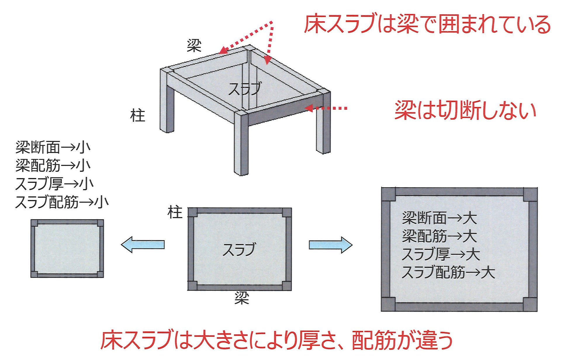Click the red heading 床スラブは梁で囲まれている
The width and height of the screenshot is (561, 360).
pyautogui.click(x=427, y=24)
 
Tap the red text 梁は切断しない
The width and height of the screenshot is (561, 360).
pyautogui.click(x=465, y=110)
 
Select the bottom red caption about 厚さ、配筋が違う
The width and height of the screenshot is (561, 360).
pyautogui.click(x=276, y=340)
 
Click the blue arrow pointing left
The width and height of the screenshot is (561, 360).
pyautogui.click(x=143, y=245)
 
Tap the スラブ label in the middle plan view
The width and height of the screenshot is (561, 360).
pyautogui.click(x=239, y=250)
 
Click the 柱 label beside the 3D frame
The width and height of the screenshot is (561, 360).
pyautogui.click(x=138, y=116)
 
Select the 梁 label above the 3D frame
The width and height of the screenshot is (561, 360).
pyautogui.click(x=194, y=46)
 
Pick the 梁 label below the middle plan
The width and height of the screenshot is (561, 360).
pyautogui.click(x=242, y=298)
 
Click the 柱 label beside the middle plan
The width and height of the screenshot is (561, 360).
pyautogui.click(x=175, y=212)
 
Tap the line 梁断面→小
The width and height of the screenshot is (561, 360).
pyautogui.click(x=53, y=147)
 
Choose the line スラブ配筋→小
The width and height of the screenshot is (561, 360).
pyautogui.click(x=62, y=202)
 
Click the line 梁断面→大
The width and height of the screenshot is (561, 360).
pyautogui.click(x=439, y=218)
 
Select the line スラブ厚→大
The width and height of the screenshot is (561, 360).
pyautogui.click(x=441, y=254)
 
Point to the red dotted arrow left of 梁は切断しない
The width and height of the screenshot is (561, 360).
pyautogui.click(x=326, y=108)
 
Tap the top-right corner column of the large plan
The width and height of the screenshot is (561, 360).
pyautogui.click(x=530, y=195)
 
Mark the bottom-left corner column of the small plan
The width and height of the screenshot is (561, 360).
pyautogui.click(x=34, y=274)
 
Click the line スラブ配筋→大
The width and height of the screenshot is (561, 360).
pyautogui.click(x=449, y=272)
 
